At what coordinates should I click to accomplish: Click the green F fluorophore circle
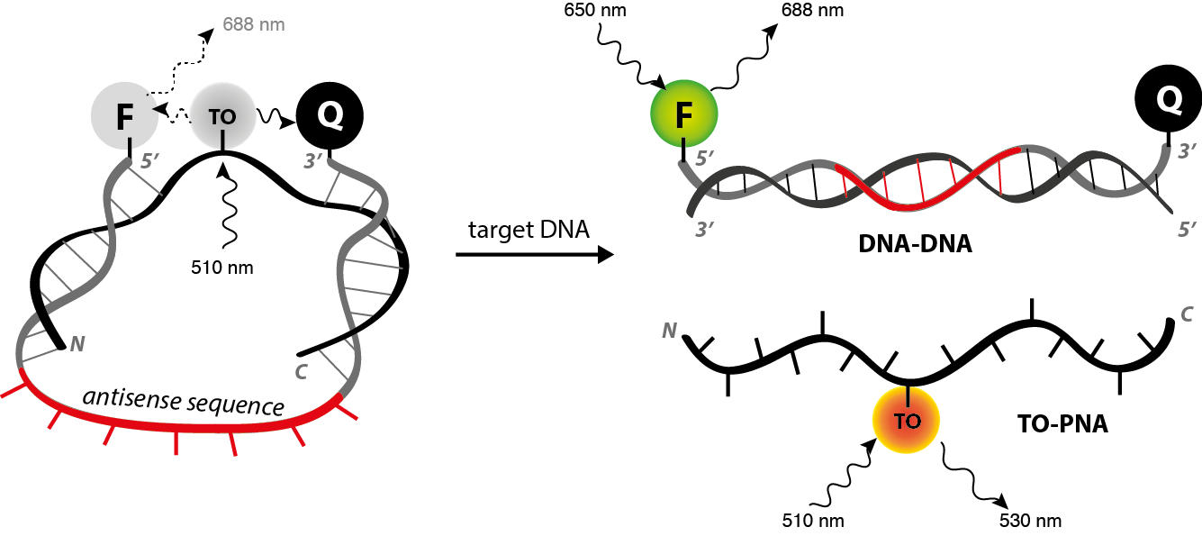point(683,114)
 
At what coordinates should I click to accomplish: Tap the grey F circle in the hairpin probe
point(124,116)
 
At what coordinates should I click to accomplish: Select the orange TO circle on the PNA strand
point(906,421)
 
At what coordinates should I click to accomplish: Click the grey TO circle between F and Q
point(222,116)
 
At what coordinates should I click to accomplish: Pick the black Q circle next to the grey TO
point(330,116)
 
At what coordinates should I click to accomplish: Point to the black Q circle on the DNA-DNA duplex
point(1168,99)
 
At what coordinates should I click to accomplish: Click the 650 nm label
point(594,10)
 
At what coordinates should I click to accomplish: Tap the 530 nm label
point(1030,521)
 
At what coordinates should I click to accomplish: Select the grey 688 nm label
point(254,24)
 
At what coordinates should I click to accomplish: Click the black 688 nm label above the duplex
point(812,10)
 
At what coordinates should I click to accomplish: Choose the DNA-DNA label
point(915,244)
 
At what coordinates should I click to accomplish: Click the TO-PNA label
point(1062,423)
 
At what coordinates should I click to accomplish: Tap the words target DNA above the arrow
point(529,230)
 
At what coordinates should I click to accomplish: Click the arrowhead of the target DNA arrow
point(606,255)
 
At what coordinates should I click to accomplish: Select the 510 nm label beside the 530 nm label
point(813,521)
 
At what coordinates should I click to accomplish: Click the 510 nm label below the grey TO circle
point(222,268)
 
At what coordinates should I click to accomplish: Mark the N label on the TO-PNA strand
point(669,331)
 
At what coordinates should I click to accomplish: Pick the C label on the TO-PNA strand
point(1187,314)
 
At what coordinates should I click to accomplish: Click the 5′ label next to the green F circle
point(705,159)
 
